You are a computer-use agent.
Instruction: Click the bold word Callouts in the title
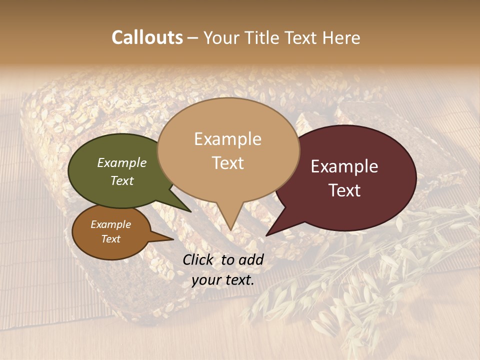(147, 37)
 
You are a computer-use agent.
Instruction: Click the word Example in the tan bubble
(227, 139)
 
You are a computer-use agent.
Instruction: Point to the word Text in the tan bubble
(227, 162)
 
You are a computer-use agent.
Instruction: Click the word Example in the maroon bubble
(344, 166)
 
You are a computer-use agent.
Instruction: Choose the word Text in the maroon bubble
(344, 190)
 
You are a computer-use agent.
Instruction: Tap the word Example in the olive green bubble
(122, 163)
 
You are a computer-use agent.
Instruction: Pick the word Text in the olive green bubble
(122, 181)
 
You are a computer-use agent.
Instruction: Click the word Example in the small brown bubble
(110, 224)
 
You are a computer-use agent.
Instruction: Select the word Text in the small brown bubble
(110, 239)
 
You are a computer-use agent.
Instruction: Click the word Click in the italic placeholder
(198, 259)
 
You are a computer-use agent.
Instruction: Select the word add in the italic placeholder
(252, 259)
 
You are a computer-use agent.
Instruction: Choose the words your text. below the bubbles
(222, 280)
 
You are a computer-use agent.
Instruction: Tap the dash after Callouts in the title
(193, 38)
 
